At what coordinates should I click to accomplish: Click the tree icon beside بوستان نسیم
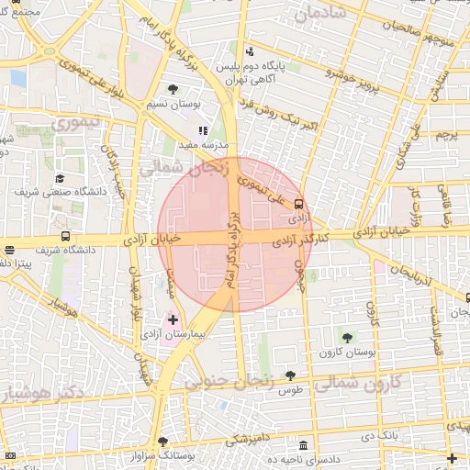tap(173, 89)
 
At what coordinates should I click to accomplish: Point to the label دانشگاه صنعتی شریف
tap(60, 192)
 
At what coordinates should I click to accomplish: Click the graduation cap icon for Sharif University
tap(60, 178)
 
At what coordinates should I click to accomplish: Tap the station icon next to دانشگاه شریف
tap(9, 250)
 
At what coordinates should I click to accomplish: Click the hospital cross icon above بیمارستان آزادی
tap(173, 319)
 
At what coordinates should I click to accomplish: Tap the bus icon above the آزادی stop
tap(299, 204)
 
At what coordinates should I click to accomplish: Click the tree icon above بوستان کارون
tap(346, 338)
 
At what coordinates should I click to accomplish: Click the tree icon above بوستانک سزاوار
tap(162, 442)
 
